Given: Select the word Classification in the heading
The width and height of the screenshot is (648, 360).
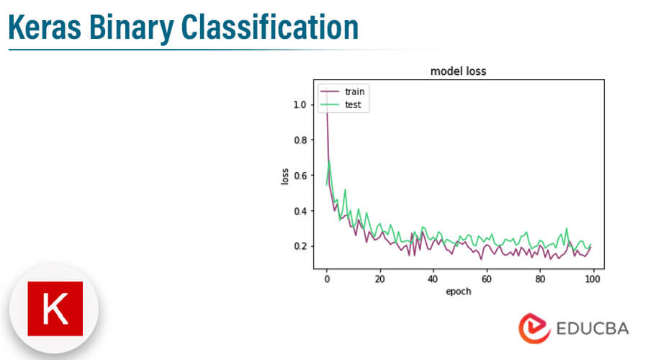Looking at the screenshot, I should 269,27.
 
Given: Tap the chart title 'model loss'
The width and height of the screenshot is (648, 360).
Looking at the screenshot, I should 458,71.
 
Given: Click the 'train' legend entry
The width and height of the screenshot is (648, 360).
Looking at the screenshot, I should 354,92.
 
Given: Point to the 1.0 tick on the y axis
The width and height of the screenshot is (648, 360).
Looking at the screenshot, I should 300,104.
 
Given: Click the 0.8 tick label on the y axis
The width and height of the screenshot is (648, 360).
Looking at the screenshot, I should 300,140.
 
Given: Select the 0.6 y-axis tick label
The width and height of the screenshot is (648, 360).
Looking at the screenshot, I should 300,175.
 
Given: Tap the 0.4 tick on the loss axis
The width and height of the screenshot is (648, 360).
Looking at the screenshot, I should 300,211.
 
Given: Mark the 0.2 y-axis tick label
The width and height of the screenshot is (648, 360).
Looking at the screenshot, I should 300,246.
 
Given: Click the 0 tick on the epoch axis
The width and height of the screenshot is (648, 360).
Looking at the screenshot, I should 327,279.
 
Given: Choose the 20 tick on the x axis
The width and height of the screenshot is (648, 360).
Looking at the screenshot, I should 379,279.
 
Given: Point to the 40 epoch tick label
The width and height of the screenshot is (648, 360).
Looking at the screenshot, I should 433,279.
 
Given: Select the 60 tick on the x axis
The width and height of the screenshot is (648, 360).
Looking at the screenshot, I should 486,279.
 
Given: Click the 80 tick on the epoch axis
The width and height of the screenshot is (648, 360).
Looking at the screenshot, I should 539,279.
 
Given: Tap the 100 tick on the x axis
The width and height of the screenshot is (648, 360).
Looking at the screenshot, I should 592,279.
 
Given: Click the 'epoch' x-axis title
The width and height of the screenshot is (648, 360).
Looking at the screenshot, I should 458,292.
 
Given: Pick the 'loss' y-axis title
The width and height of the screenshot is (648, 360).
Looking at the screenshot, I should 284,176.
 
